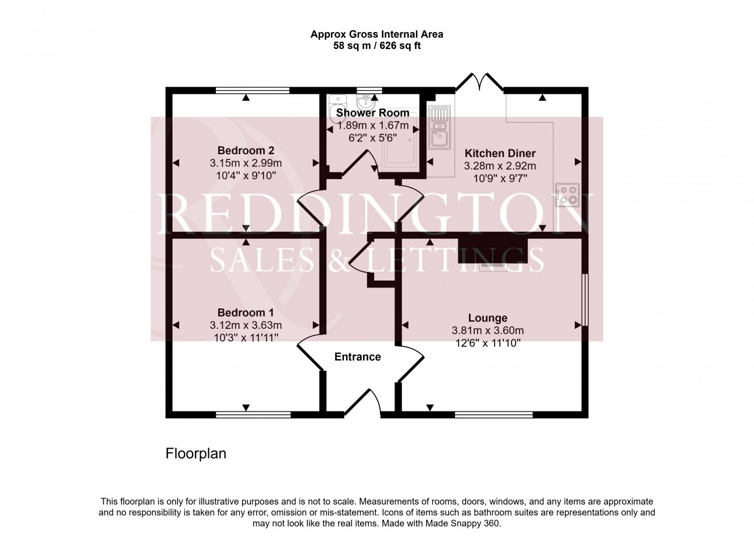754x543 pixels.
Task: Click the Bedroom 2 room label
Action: pos(246,150)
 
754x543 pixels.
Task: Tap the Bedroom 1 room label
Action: pos(246,313)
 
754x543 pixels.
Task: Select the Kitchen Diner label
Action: pos(500,154)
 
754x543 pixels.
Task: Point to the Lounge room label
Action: pos(488,318)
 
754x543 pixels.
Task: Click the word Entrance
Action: pos(357,357)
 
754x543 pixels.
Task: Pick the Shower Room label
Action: pos(372,113)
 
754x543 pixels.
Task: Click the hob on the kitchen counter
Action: pos(567,195)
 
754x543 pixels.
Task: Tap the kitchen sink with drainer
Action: pos(439,127)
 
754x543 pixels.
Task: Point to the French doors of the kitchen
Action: pos(479,83)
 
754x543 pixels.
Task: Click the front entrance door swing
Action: pos(363,402)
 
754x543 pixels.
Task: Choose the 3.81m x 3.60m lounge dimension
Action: pos(488,331)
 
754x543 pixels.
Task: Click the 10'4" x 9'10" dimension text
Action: pos(246,176)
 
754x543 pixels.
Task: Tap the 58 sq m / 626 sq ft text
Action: pos(376,46)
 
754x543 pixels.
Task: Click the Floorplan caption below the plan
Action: pos(196,454)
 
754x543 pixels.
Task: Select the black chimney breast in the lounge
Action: pos(493,250)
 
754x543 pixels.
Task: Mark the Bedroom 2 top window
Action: pos(252,90)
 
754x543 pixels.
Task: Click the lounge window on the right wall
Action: pos(585,300)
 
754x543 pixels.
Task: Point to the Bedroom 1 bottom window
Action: pos(253,415)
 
